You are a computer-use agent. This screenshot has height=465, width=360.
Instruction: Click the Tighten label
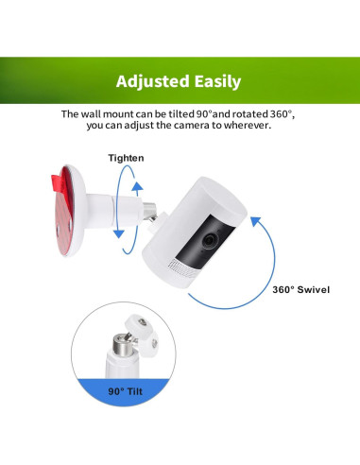(126, 158)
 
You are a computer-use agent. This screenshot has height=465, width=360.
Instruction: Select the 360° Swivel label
(300, 288)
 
